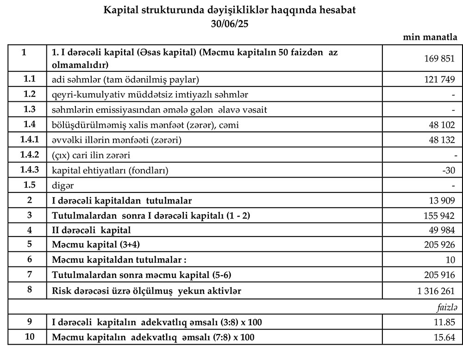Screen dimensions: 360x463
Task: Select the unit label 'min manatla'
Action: (x=431, y=37)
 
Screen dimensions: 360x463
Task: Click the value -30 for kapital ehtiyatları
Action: (x=449, y=170)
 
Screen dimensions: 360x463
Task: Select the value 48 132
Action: (x=442, y=140)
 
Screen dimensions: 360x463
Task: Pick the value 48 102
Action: (x=442, y=124)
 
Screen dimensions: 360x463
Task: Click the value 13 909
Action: (x=442, y=200)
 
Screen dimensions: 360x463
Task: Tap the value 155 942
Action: (x=439, y=216)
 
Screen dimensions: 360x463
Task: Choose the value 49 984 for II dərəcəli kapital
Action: (x=442, y=230)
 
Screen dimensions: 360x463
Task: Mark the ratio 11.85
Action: (x=445, y=322)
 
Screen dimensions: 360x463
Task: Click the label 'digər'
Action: (x=63, y=185)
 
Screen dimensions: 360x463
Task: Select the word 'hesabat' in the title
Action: (x=340, y=9)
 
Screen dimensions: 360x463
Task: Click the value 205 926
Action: (x=439, y=245)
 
